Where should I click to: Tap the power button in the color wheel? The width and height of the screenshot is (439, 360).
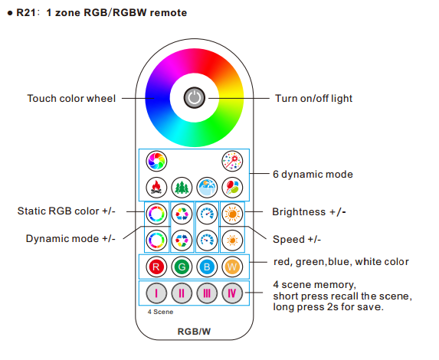195,98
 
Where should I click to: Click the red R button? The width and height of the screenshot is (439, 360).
156,267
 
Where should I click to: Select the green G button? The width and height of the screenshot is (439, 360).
182,267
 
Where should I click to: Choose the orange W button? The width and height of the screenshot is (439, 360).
232,267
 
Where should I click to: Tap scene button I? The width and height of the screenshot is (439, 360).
156,293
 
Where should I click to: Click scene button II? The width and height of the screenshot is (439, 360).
182,293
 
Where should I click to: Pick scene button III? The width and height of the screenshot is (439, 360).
207,293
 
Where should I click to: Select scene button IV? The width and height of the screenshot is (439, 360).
232,293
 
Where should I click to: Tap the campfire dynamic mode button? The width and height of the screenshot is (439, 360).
156,188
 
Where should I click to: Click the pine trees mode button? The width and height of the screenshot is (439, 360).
182,188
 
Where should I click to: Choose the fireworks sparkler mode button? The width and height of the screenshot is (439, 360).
232,161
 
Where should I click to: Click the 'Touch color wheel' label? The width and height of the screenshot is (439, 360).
71,98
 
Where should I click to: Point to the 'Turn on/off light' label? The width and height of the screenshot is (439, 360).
313,98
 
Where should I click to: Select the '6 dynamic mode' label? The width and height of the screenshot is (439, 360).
313,174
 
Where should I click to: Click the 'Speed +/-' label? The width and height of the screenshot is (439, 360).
296,239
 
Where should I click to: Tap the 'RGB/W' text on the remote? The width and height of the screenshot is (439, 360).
194,332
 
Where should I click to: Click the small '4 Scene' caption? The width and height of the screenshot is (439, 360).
160,312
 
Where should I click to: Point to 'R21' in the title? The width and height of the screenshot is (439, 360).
26,12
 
